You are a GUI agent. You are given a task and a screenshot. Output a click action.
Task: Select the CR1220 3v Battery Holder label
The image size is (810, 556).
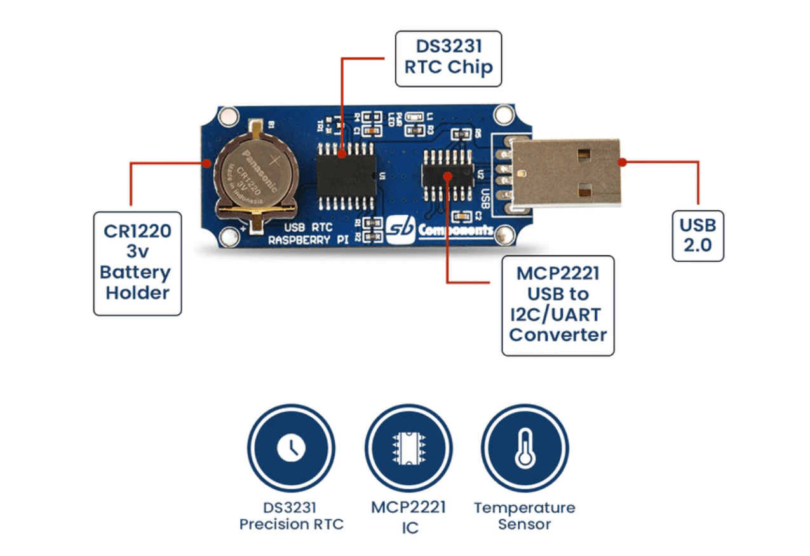(138, 262)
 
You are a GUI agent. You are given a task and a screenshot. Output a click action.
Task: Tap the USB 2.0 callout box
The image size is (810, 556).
(698, 235)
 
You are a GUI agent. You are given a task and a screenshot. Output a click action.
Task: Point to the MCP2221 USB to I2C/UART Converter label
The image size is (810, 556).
(558, 305)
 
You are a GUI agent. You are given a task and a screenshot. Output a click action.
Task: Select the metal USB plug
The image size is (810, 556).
(565, 173)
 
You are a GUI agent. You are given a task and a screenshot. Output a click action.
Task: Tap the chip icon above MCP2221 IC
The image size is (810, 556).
(408, 448)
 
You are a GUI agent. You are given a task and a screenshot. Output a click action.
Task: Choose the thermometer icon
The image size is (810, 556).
(524, 448)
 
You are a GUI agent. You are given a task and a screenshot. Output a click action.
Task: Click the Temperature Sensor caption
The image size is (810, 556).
(524, 516)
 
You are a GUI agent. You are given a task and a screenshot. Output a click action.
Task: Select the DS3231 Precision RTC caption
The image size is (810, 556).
(291, 516)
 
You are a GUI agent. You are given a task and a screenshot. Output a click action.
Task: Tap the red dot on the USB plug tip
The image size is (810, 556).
(623, 162)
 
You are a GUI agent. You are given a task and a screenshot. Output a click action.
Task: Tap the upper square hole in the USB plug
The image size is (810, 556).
(588, 155)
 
